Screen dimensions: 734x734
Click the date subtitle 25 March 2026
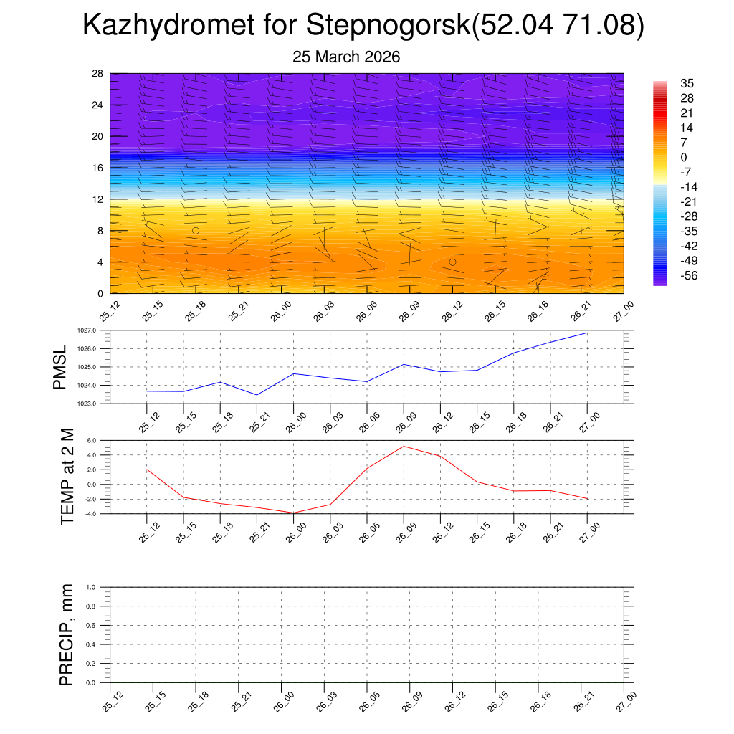tap(346, 57)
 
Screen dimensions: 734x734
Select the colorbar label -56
tap(689, 275)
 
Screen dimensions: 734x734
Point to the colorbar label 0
tap(683, 157)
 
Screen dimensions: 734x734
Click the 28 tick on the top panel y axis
tap(98, 73)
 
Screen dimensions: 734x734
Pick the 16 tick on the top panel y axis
tap(98, 168)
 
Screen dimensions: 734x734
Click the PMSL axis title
tap(60, 367)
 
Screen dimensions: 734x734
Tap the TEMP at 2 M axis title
tap(67, 477)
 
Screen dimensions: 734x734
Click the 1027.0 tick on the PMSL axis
tap(96, 330)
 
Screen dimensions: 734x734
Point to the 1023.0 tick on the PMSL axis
tap(96, 404)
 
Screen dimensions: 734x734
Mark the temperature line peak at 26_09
tap(404, 446)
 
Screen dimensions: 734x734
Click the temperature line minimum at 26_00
tap(293, 513)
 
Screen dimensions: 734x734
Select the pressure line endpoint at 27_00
tap(587, 333)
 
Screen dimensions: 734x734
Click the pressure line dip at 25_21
tap(257, 395)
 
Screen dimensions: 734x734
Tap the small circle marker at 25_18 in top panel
tap(196, 230)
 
